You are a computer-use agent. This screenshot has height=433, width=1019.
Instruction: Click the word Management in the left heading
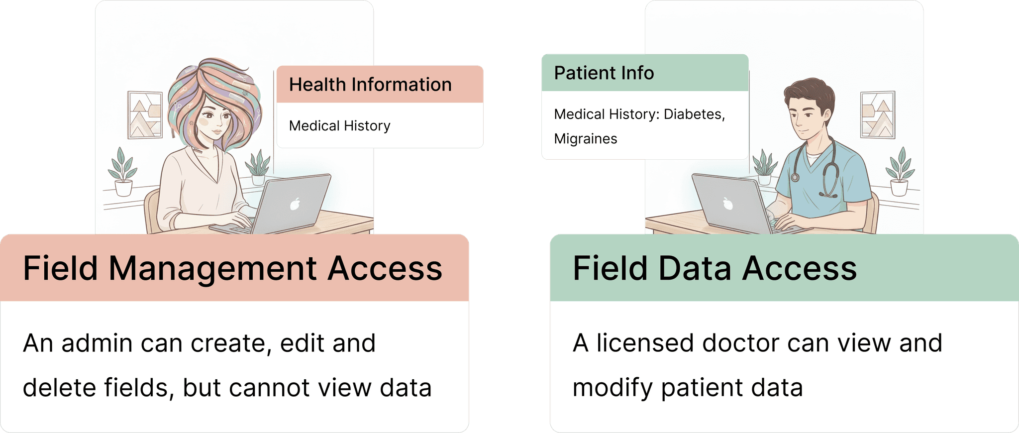[212, 269]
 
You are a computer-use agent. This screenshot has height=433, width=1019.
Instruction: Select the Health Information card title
[370, 85]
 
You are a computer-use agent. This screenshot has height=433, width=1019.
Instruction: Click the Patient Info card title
[604, 73]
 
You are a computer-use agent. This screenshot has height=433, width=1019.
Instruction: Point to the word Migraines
[585, 139]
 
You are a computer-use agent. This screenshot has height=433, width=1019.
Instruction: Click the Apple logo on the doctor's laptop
[728, 203]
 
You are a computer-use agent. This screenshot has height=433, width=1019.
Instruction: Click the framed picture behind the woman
[145, 115]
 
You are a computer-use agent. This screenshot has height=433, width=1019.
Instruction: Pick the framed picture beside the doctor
[878, 114]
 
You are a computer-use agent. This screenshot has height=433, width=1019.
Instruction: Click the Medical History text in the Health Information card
[339, 126]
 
